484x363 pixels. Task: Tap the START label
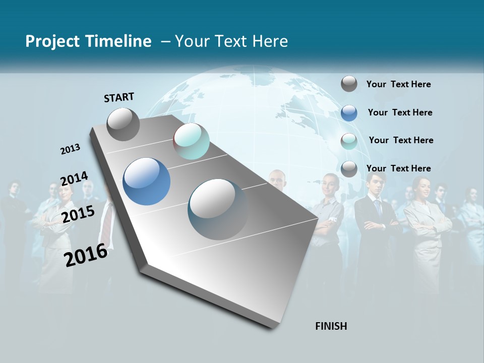click(119, 97)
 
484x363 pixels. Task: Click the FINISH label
click(331, 326)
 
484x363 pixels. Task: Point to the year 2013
click(70, 149)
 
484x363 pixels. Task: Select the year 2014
click(74, 179)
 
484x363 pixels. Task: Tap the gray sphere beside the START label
click(123, 124)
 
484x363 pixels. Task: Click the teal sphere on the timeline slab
click(191, 141)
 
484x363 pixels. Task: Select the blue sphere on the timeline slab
click(146, 181)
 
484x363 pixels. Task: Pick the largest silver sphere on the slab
click(218, 209)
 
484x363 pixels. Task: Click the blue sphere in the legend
click(349, 113)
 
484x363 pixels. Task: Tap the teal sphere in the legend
click(349, 141)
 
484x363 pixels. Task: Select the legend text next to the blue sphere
click(400, 112)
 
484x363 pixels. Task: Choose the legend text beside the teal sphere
click(401, 140)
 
